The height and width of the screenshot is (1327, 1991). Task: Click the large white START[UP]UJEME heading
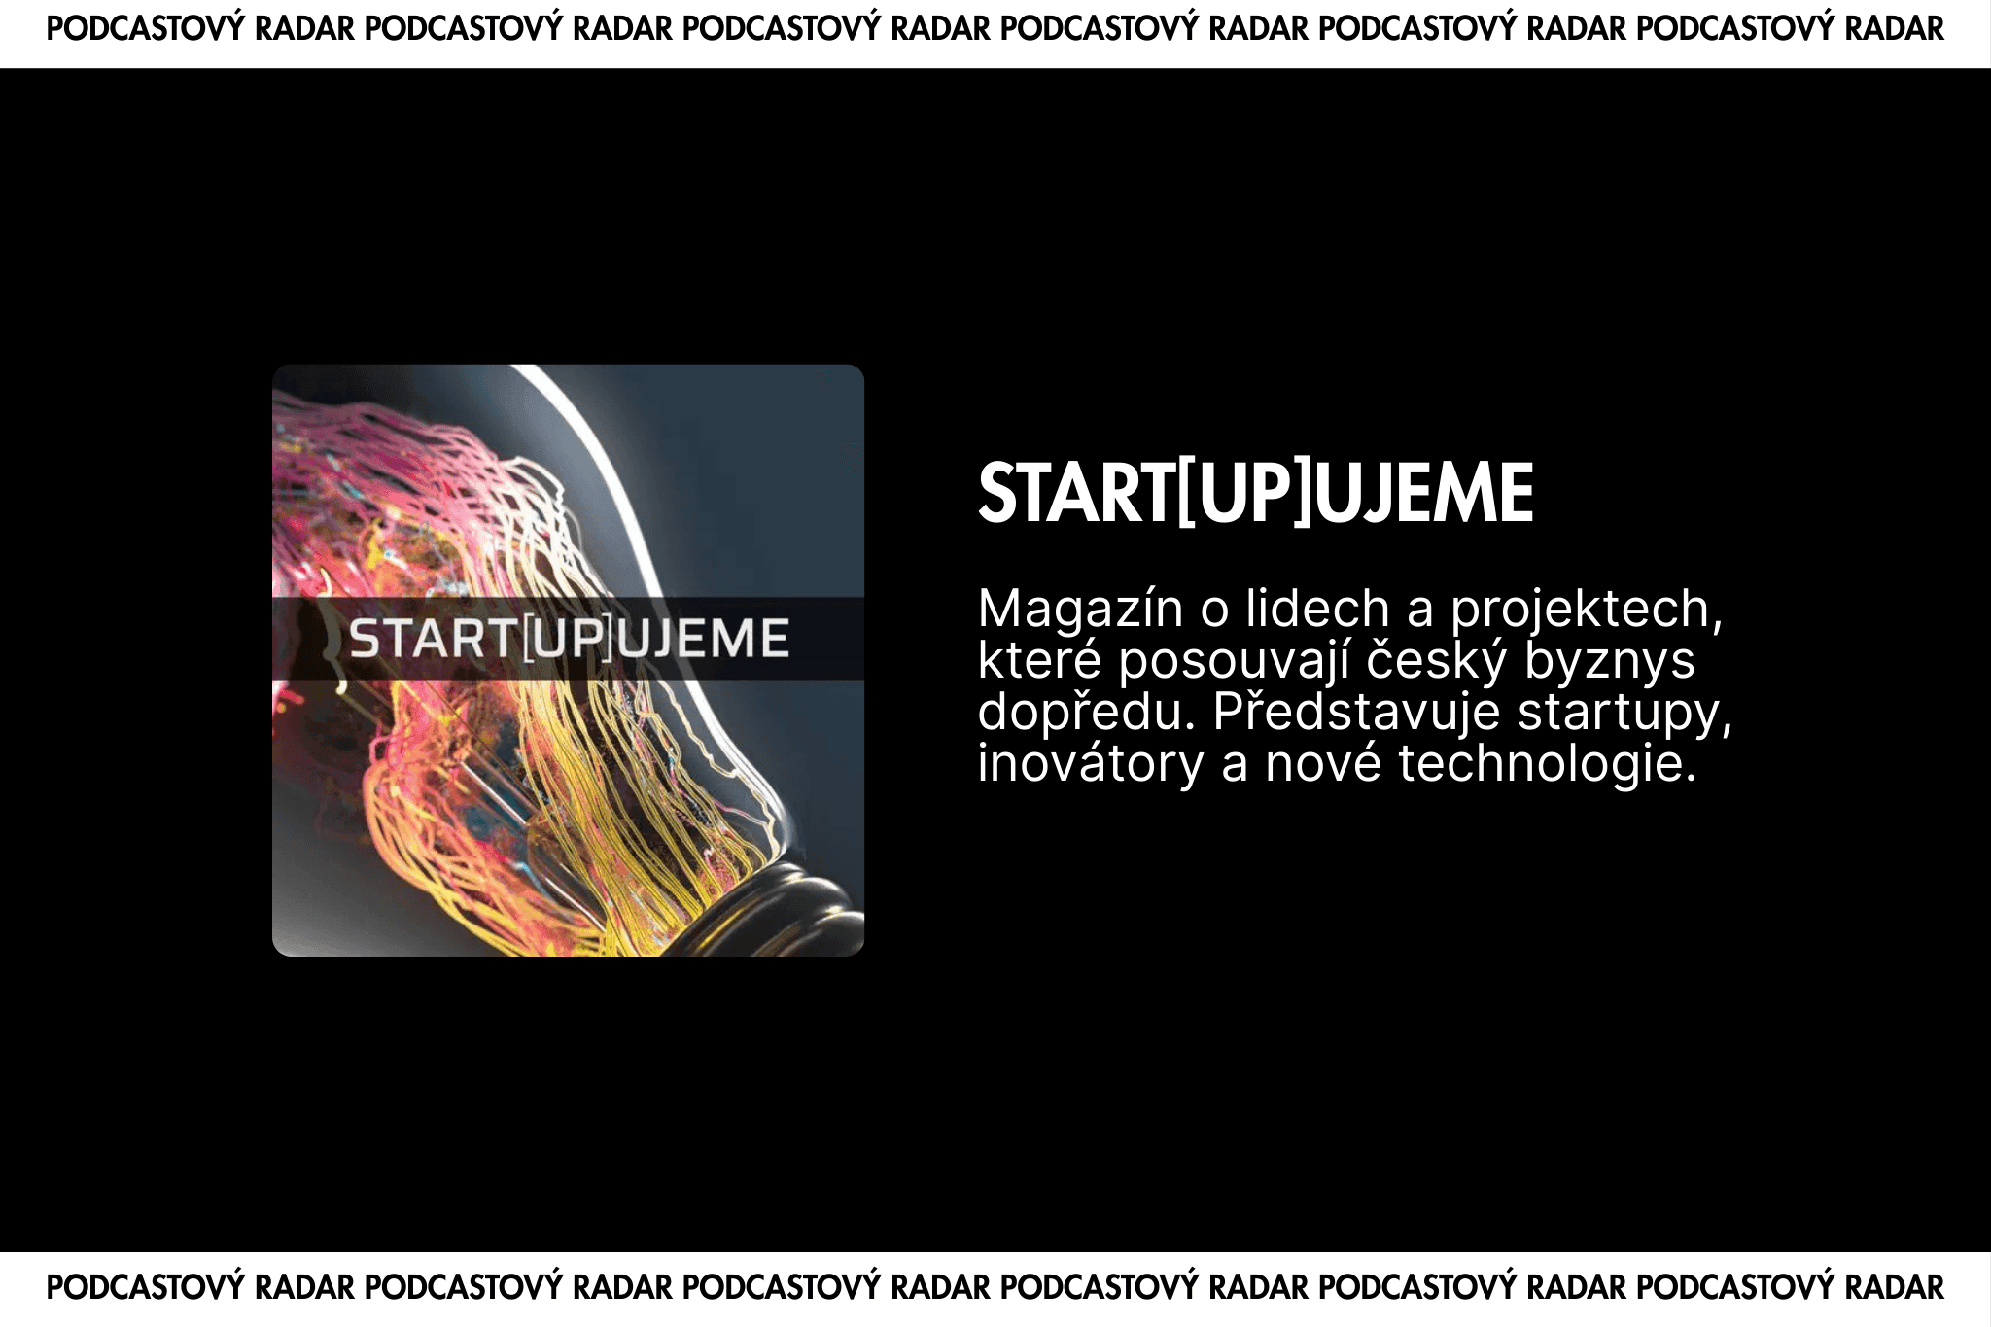[1256, 493]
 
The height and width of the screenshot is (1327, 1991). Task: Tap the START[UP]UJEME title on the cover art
[569, 639]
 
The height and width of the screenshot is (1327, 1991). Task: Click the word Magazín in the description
[1080, 610]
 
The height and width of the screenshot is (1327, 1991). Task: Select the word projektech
[1587, 610]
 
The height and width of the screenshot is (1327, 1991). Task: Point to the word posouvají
[1234, 661]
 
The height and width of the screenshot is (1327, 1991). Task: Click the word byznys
[1610, 661]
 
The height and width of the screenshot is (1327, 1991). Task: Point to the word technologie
[1548, 764]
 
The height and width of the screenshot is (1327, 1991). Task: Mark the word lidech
[1318, 610]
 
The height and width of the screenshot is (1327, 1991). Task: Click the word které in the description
[1039, 661]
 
